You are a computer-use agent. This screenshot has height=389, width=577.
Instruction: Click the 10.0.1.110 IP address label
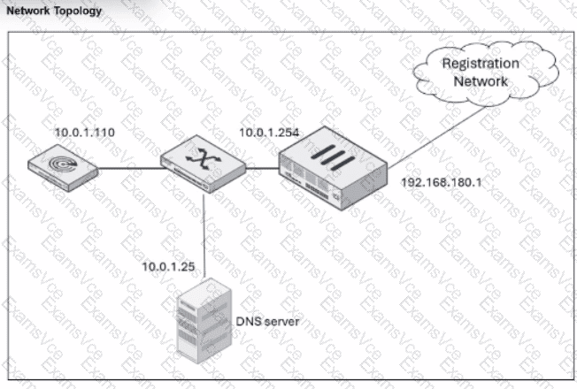click(85, 132)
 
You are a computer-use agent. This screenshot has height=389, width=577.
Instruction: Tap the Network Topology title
click(53, 11)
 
